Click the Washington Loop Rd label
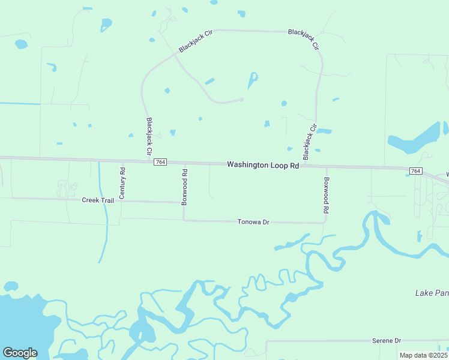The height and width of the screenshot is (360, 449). [x=263, y=164]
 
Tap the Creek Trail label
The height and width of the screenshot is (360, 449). [x=98, y=200]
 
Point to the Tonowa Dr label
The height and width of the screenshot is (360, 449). [x=254, y=222]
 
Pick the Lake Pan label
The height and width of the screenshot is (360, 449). [x=432, y=293]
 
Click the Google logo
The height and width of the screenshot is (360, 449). [x=20, y=352]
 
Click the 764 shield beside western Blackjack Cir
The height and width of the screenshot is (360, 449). [x=160, y=162]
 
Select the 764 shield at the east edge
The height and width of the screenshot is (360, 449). [x=415, y=172]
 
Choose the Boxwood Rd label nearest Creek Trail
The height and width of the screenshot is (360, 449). [x=185, y=187]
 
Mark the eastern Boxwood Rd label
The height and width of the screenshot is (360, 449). [x=327, y=196]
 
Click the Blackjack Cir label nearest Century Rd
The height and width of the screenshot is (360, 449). [x=149, y=136]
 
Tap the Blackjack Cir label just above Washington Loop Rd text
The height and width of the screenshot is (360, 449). [x=309, y=142]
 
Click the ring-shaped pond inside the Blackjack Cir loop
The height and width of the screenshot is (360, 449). [x=253, y=79]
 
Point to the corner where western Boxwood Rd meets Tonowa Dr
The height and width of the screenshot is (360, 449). [x=183, y=220]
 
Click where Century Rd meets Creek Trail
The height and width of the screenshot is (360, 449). [x=121, y=202]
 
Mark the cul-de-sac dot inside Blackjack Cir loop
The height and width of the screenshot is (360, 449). [x=242, y=100]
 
